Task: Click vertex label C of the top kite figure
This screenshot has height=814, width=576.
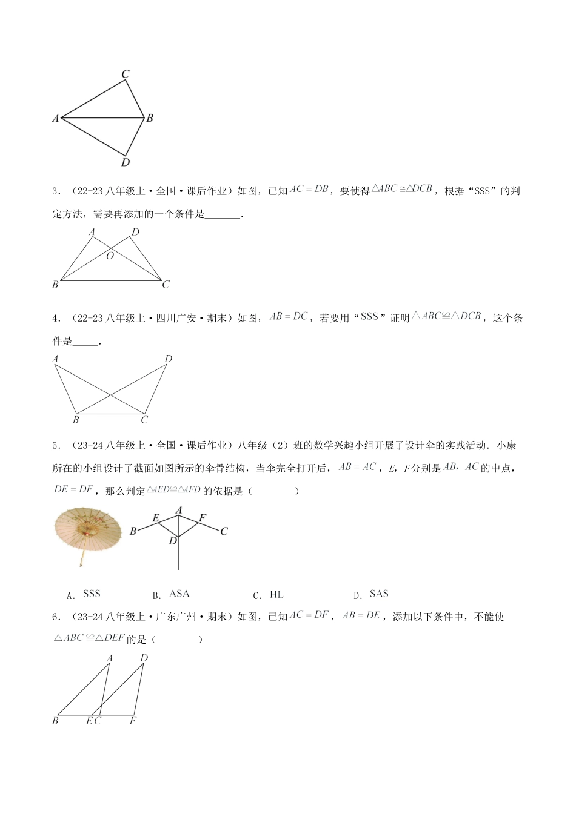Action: (126, 74)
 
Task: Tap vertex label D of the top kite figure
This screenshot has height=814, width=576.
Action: (126, 162)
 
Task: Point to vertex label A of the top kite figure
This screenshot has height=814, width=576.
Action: (56, 119)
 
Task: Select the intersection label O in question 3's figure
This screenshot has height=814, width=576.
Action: (110, 256)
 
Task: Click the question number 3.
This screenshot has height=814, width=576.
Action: (55, 191)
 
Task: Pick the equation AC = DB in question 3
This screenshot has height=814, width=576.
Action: (309, 190)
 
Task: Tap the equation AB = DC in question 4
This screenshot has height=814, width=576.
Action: (289, 316)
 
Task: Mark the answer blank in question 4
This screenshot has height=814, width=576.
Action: (85, 343)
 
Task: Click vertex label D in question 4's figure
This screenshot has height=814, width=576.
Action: (169, 359)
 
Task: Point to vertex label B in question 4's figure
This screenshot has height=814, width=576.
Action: (76, 420)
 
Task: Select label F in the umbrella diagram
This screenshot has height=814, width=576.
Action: (203, 518)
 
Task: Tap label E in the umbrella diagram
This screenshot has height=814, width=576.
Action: (155, 518)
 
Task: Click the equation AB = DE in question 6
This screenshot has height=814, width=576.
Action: (361, 615)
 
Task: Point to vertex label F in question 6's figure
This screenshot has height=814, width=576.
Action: (133, 721)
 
